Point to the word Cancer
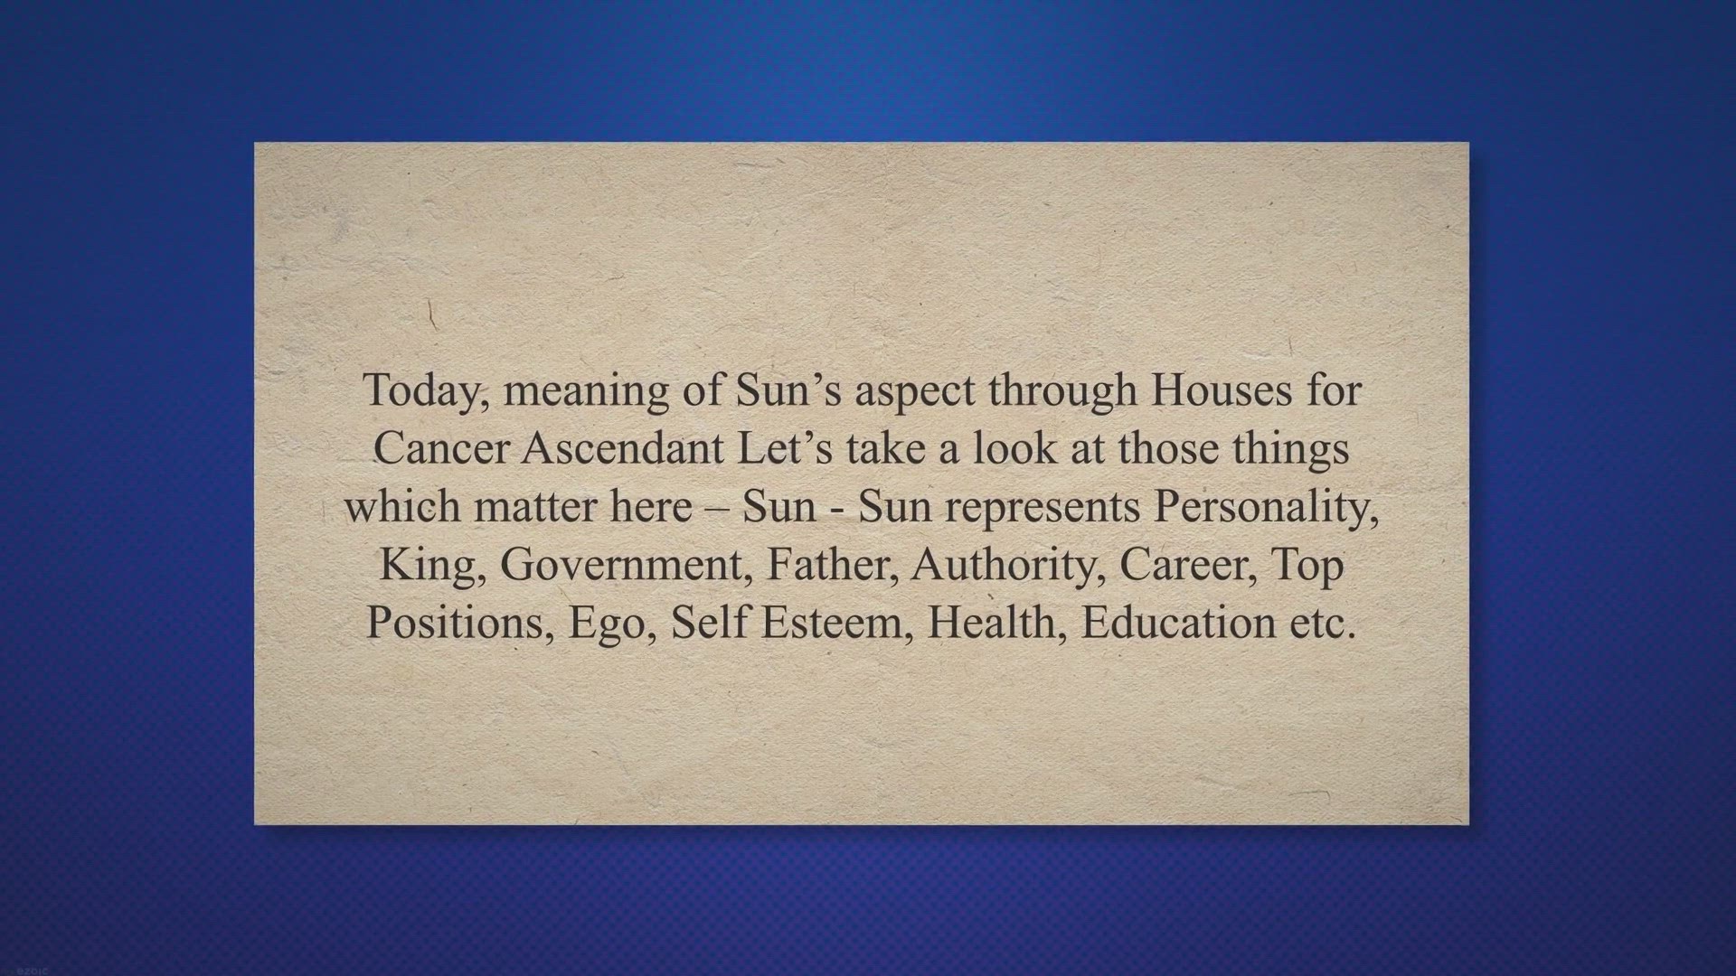point(441,448)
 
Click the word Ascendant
point(623,448)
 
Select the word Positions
point(460,624)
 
